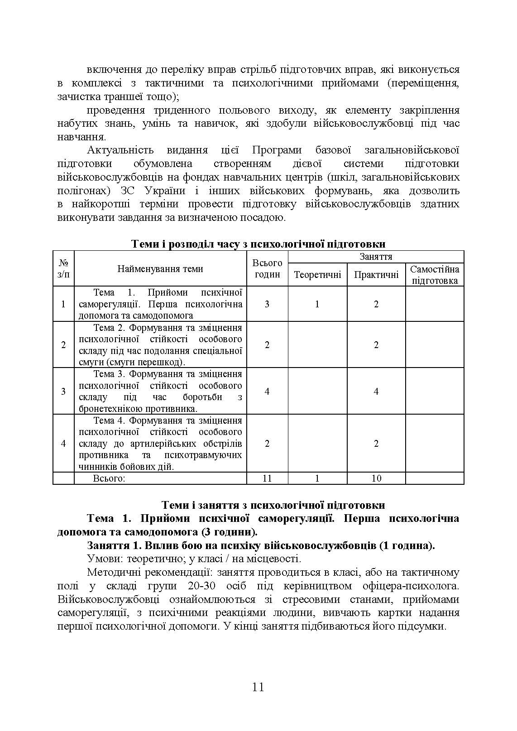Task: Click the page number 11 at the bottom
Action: tap(258, 687)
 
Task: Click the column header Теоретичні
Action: tap(317, 275)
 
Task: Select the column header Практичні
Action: tap(376, 275)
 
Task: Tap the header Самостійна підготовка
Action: tap(435, 275)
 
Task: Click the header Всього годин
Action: tap(267, 268)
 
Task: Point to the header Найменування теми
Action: tap(160, 269)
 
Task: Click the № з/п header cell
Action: tap(63, 268)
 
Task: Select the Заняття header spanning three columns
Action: tap(376, 257)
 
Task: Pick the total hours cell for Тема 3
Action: tap(267, 391)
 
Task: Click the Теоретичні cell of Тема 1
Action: tap(317, 304)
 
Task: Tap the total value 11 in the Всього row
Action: tap(267, 478)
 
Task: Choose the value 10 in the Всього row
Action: tap(376, 478)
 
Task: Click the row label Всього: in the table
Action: tap(109, 478)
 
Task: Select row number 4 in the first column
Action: tap(63, 443)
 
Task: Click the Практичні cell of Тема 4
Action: tap(376, 443)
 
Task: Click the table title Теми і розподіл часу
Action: tap(258, 244)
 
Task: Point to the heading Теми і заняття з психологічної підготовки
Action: tap(273, 505)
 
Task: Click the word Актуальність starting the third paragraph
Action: tap(120, 150)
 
